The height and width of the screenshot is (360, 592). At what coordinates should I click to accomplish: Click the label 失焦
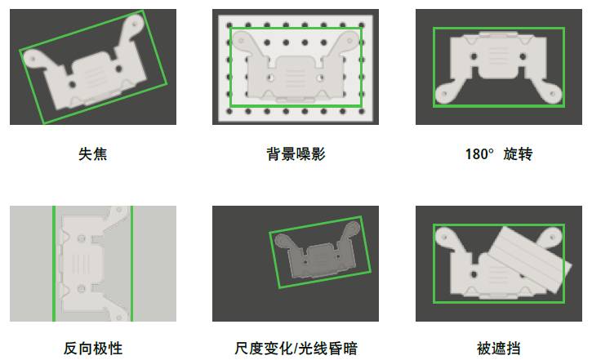point(93,154)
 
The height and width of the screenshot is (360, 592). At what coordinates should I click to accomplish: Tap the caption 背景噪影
point(296,154)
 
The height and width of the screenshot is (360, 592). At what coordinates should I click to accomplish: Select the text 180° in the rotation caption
point(479,154)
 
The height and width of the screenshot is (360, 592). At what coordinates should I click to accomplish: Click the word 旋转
point(518,154)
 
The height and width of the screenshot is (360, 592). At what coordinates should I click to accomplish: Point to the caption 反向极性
point(93,349)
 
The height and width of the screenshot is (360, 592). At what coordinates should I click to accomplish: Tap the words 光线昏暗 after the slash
point(327,349)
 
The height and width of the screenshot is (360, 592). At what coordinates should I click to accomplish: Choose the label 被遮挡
point(498,349)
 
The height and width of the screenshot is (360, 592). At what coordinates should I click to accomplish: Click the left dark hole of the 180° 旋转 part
point(474,56)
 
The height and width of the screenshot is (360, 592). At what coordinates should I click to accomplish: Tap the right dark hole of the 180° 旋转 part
point(523,56)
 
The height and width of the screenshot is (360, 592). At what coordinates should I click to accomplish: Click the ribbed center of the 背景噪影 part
point(296,74)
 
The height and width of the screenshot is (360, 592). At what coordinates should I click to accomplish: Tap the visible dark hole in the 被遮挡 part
point(474,274)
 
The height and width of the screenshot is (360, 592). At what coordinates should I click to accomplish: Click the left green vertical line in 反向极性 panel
point(54,264)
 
